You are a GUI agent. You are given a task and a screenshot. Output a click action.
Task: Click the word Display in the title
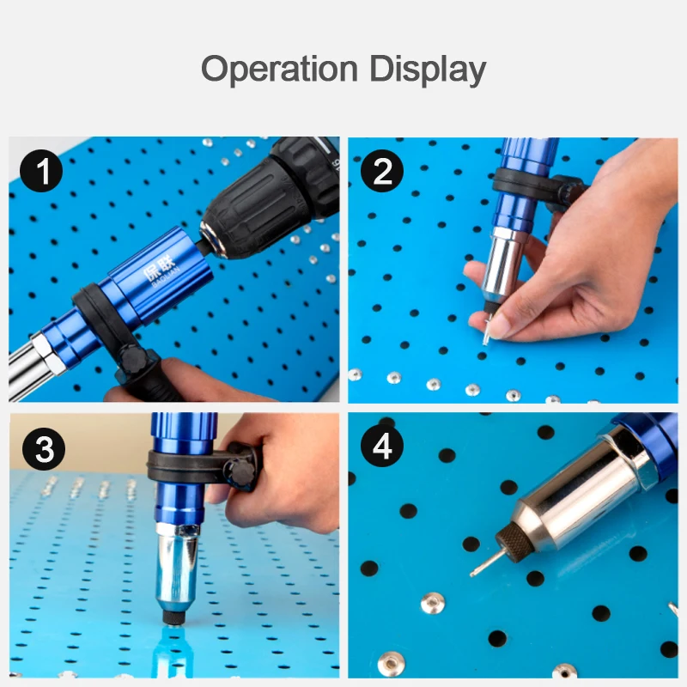429,70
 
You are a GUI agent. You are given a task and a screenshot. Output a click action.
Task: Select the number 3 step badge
40,449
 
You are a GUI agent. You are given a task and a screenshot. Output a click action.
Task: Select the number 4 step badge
382,449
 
